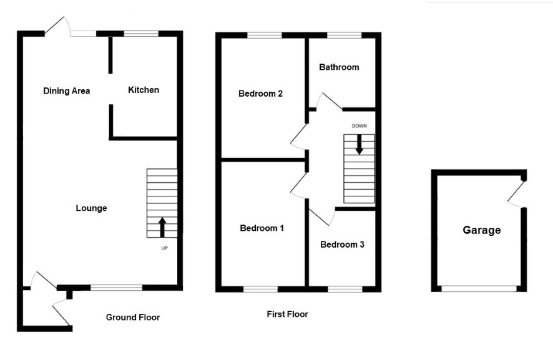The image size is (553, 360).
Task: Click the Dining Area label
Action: [66, 91]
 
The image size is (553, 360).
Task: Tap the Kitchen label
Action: [144, 90]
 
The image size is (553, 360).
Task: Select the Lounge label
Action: [91, 208]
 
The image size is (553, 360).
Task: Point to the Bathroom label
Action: [339, 67]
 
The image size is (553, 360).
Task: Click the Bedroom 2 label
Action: [260, 94]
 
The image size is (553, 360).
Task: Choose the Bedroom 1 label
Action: [262, 228]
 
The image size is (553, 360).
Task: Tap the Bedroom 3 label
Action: [342, 245]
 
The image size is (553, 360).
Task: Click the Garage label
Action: [481, 230]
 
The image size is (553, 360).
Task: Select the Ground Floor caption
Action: [133, 318]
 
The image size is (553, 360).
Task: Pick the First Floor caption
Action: [288, 314]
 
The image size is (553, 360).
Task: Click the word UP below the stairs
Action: [164, 248]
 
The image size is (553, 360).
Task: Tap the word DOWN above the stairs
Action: [360, 126]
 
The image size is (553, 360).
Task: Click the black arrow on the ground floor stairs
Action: [162, 227]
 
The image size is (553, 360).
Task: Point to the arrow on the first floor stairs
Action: [360, 144]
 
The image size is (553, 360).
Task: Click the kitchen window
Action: [141, 34]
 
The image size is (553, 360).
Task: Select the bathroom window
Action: [345, 36]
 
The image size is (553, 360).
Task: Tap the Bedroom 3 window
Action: [345, 289]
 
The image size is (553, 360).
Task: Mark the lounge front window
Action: [116, 288]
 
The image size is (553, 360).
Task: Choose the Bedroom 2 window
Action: [265, 36]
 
